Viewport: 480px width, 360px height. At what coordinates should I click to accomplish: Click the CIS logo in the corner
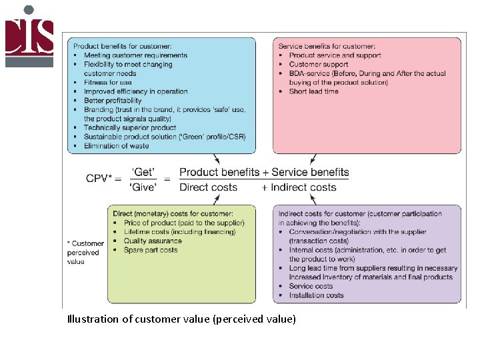click(29, 36)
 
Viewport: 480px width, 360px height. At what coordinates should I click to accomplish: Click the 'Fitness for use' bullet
click(107, 83)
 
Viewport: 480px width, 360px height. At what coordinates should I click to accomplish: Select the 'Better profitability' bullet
click(113, 101)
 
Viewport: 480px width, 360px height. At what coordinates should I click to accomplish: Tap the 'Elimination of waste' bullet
click(115, 145)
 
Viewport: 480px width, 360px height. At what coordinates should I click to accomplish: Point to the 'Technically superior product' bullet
click(130, 127)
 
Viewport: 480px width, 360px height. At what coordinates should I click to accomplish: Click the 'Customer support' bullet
click(319, 65)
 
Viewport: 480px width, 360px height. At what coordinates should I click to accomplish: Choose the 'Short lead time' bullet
click(313, 91)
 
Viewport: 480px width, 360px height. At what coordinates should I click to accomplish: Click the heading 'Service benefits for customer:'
click(327, 46)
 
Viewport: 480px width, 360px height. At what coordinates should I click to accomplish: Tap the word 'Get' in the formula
click(143, 172)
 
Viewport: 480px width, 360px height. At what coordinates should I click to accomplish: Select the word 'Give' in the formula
click(143, 187)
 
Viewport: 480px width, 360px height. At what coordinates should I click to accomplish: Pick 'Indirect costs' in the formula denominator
click(303, 187)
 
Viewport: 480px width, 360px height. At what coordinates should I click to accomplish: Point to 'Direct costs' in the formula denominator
click(208, 187)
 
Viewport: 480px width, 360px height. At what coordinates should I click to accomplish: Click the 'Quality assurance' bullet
click(153, 241)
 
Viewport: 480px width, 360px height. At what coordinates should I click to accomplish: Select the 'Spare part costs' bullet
click(151, 250)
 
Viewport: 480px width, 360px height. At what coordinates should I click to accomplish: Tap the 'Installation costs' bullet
click(316, 295)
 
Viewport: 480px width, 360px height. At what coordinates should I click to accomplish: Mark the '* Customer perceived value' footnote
click(85, 253)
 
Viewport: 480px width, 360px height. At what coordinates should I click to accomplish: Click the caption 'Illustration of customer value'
click(181, 319)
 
